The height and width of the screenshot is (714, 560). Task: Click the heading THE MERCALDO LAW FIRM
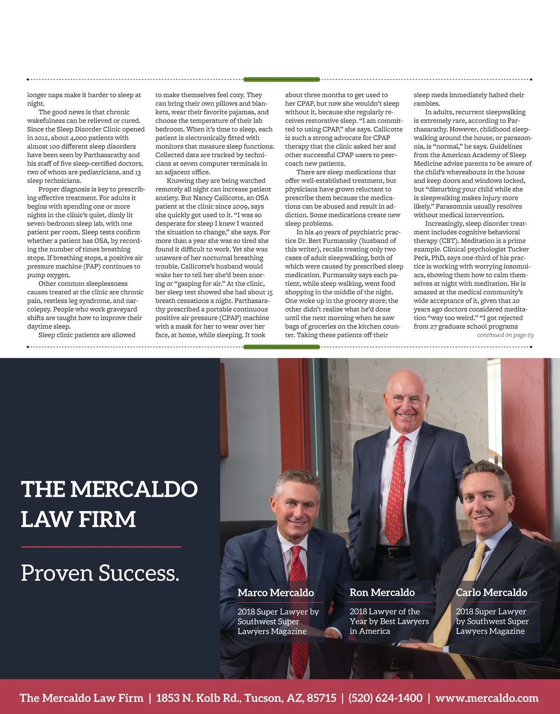click(109, 504)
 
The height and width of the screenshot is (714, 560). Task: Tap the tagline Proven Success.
click(100, 573)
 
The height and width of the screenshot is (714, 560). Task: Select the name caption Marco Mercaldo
click(275, 592)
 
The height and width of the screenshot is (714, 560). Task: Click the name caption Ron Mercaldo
click(382, 592)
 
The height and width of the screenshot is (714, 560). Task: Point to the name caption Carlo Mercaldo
click(491, 592)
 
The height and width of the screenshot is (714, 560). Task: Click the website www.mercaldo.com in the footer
click(487, 698)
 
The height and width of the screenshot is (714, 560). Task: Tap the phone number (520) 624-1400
click(385, 698)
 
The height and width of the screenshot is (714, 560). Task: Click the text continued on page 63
click(505, 335)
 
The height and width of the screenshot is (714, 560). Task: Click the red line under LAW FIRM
click(101, 547)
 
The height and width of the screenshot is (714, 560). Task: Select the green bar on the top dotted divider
click(281, 79)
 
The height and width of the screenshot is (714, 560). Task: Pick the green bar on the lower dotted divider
click(281, 347)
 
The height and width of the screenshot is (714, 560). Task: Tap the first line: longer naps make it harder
click(84, 95)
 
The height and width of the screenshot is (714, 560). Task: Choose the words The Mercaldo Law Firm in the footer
click(81, 698)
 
